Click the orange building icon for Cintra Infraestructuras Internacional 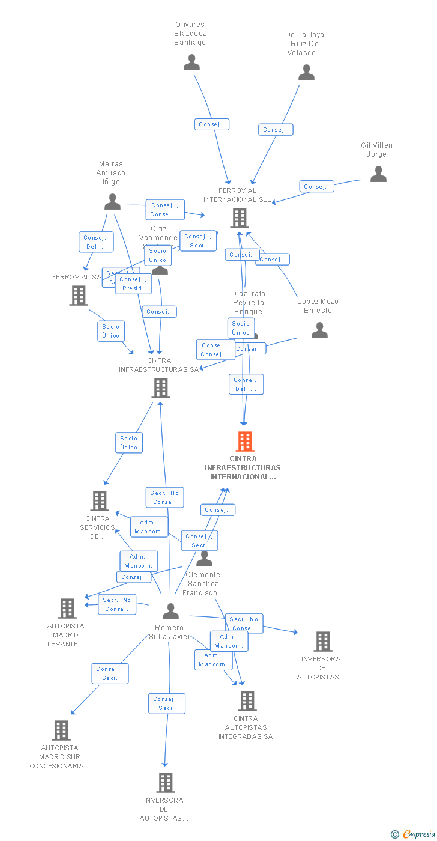(244, 442)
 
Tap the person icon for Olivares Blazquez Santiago (191, 62)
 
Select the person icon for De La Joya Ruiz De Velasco (306, 73)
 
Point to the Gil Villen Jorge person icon (378, 174)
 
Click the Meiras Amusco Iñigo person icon (112, 202)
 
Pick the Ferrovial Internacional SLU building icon (240, 218)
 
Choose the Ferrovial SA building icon (79, 296)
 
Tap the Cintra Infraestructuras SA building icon (160, 388)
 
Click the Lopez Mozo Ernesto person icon (319, 330)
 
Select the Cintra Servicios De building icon (100, 500)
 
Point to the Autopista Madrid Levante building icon (67, 608)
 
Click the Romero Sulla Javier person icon (171, 612)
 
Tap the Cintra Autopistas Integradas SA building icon (247, 700)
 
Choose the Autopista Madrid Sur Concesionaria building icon (61, 730)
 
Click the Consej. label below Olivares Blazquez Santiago (212, 124)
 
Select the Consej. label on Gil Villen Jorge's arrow (316, 186)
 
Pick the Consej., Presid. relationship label (133, 284)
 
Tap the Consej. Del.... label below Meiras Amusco (96, 242)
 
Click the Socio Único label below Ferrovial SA (111, 331)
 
